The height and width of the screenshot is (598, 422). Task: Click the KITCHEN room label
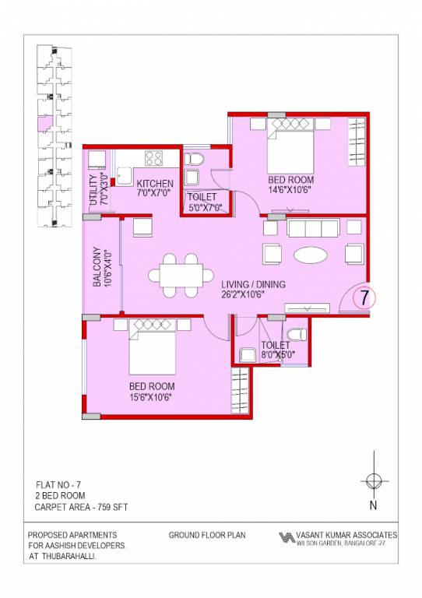coord(156,183)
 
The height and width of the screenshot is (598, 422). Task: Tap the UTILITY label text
coord(93,190)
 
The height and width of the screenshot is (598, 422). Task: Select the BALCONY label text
coord(98,268)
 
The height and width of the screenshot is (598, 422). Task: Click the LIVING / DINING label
coord(252,285)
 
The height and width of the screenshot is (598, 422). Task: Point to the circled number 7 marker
coord(364,297)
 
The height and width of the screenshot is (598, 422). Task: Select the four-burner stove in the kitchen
coord(153,159)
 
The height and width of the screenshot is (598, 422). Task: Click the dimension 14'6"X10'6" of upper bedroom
coord(290,189)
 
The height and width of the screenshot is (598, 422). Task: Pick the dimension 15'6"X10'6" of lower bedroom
coord(150,396)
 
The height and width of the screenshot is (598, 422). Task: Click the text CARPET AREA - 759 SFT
coord(81,507)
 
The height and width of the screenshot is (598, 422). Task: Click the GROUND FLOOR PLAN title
coord(206,536)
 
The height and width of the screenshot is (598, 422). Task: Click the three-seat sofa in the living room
coord(311,228)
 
